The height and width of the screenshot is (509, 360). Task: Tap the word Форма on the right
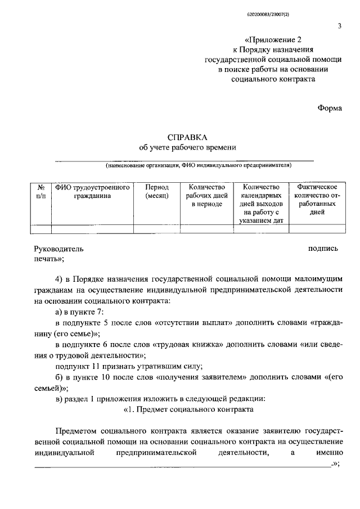point(329,108)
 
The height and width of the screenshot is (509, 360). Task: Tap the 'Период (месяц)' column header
point(156,191)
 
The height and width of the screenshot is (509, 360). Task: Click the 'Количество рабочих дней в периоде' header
point(206,196)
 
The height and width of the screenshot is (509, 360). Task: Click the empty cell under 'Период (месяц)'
point(156,228)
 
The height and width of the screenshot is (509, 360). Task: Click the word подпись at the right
point(323,248)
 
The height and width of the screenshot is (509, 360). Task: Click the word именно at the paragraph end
point(326,452)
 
